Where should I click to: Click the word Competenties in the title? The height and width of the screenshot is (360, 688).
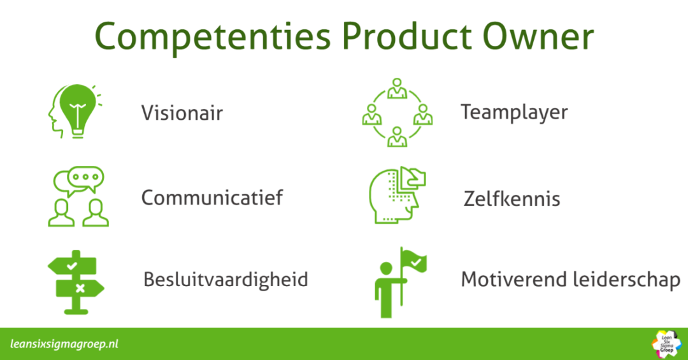point(213,37)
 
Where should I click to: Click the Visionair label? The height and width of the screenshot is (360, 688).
point(182,113)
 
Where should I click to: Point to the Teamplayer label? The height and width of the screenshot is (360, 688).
point(514,112)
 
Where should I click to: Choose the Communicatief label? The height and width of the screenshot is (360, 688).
point(212,198)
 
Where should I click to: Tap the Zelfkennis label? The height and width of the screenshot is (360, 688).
point(512,198)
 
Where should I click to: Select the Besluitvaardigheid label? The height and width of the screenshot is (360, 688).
point(226,280)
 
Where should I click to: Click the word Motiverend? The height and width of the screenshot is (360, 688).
point(514,279)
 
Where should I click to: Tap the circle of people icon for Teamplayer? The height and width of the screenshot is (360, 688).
point(398,112)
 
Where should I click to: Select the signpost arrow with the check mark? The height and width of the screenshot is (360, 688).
point(72,266)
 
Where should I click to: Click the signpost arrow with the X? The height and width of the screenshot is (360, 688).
point(80,289)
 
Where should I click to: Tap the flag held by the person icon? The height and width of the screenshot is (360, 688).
point(414,261)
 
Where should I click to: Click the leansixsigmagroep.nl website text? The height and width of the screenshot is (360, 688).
point(64,344)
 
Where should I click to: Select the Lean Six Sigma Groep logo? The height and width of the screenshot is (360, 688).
point(666,344)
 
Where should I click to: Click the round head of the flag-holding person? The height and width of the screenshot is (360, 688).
point(386,268)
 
